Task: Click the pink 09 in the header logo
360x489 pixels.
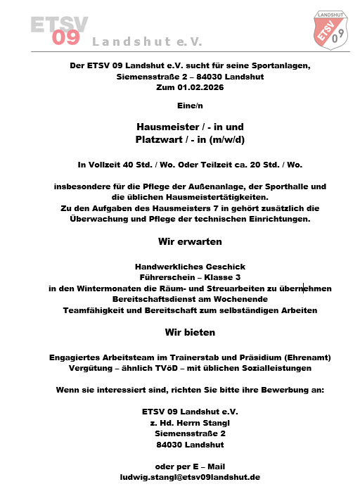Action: (67, 38)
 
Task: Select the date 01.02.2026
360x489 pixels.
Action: (199, 87)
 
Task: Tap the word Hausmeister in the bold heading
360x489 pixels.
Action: (165, 127)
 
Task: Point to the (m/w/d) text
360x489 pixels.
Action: (224, 139)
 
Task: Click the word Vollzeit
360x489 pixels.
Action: (107, 165)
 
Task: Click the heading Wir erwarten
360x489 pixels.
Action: (190, 241)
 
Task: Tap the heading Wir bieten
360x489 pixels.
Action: (190, 331)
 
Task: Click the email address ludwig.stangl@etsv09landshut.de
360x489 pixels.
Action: (190, 476)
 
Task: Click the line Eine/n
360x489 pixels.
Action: (190, 106)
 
